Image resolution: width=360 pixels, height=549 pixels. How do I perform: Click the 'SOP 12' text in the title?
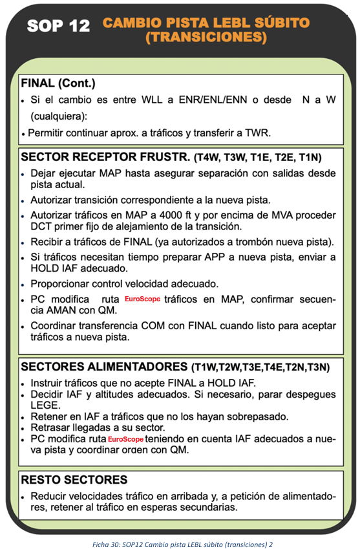(62, 26)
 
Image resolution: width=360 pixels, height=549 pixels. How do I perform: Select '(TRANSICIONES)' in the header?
(206, 38)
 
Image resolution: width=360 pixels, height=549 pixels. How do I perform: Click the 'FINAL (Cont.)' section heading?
(58, 83)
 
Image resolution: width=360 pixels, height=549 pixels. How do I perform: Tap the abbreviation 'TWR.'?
(255, 134)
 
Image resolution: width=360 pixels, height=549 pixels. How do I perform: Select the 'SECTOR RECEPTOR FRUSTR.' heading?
(105, 157)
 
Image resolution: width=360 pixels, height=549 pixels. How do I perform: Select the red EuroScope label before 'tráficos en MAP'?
(143, 300)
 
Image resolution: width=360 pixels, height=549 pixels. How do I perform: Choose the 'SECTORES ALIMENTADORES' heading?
(101, 367)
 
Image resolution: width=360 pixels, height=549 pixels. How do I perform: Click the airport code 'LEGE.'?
(44, 405)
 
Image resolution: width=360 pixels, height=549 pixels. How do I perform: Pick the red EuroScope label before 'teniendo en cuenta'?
(126, 440)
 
